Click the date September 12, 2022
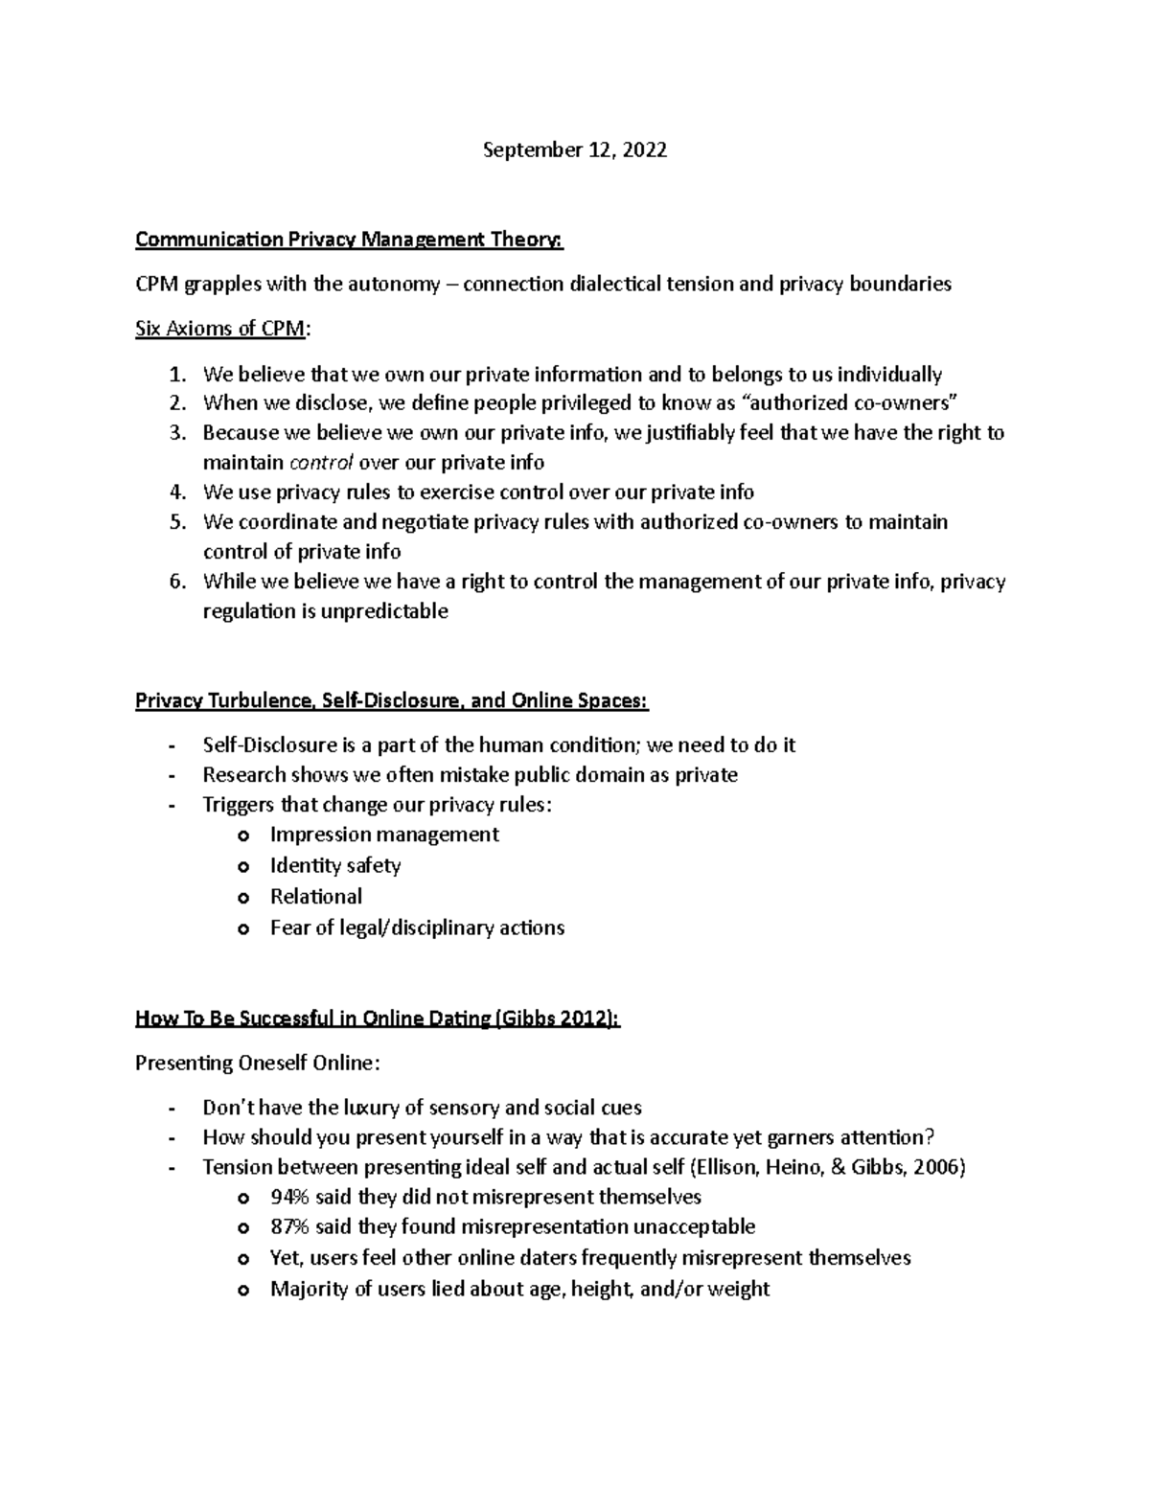pos(574,150)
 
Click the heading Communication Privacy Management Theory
pos(349,240)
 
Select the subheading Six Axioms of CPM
pos(222,329)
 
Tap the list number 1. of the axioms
pos(177,374)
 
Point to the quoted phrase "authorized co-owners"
pos(851,402)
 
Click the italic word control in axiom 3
pos(322,463)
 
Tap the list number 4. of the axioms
pos(177,492)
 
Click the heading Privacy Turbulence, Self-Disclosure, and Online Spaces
pos(391,701)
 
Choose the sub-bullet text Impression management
pos(384,835)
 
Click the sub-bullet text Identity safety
pos(335,865)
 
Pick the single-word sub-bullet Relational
pos(316,897)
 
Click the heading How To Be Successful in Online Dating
pos(378,1019)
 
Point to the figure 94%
pos(290,1197)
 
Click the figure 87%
pos(290,1227)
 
